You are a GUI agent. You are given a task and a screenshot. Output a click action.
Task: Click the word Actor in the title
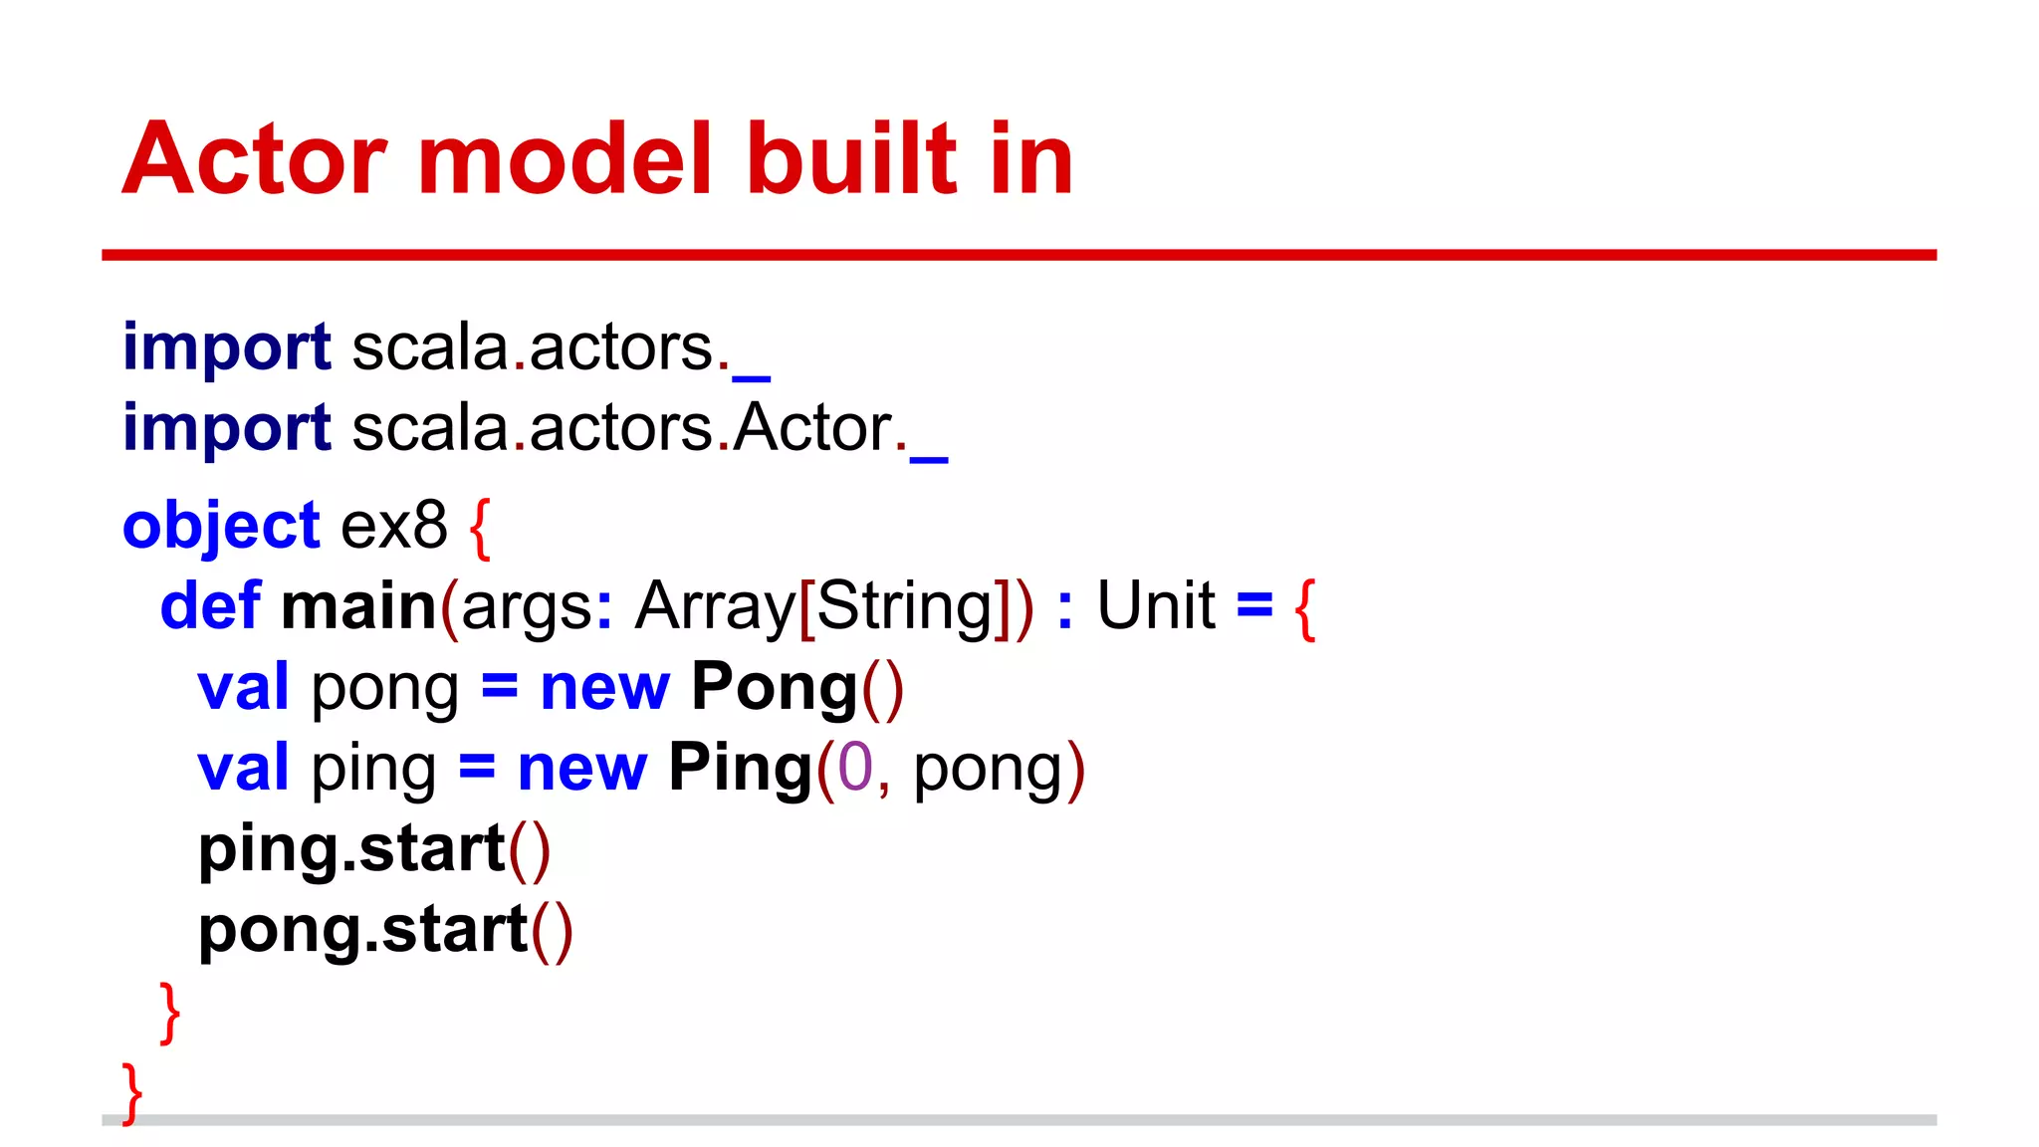click(254, 159)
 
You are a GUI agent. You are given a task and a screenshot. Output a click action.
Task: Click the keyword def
click(210, 606)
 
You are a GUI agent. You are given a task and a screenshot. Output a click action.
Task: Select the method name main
click(358, 606)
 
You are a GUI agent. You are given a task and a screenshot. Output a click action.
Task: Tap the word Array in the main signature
click(716, 606)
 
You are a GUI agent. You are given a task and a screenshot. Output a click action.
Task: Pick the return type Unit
click(1156, 606)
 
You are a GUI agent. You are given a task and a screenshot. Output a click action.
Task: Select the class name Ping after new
click(741, 769)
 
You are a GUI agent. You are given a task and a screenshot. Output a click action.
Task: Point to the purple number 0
click(854, 769)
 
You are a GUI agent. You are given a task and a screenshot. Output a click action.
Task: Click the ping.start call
click(373, 849)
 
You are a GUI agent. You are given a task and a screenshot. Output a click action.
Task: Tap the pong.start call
click(385, 930)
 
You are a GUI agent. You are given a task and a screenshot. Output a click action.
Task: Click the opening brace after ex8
click(480, 528)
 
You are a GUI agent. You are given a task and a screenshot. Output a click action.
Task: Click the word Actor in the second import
click(812, 428)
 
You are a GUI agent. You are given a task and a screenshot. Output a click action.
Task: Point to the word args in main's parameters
click(527, 608)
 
